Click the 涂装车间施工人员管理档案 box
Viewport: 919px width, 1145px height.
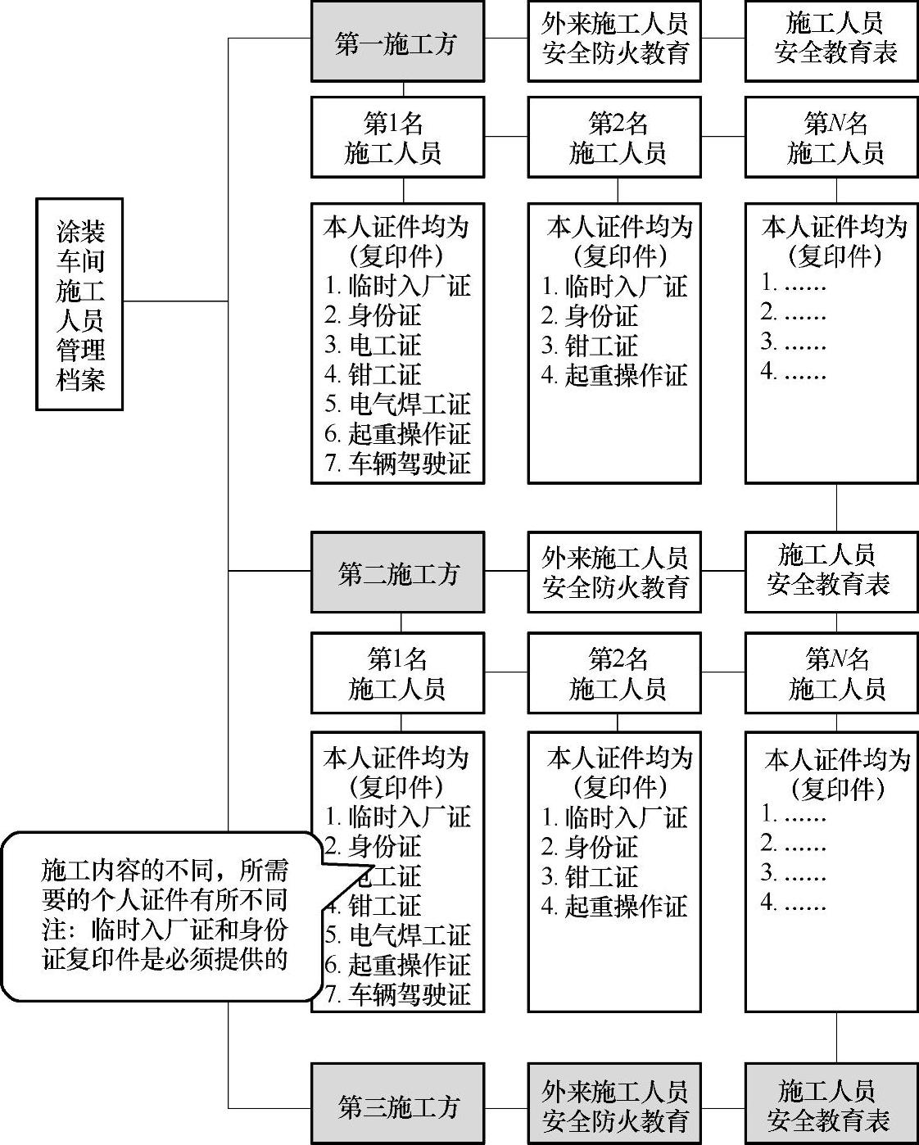[79, 304]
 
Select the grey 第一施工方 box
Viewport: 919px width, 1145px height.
[397, 42]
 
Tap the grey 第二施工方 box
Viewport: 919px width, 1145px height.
[397, 572]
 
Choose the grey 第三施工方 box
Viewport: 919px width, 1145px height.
[397, 1104]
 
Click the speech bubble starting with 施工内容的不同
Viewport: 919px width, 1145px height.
[164, 915]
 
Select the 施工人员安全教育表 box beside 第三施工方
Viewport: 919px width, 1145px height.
[831, 1104]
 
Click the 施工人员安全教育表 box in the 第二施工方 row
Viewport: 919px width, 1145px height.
[831, 572]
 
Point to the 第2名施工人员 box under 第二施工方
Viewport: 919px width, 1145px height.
[614, 673]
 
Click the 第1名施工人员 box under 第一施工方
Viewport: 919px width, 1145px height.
[397, 137]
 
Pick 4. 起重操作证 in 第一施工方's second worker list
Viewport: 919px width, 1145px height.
[614, 375]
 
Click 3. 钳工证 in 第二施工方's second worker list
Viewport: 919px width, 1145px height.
[590, 876]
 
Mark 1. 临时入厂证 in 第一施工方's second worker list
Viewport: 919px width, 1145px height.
[614, 286]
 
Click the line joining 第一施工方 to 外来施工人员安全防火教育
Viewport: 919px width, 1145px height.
[506, 38]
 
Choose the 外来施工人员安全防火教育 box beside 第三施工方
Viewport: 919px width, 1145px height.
[614, 1104]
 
